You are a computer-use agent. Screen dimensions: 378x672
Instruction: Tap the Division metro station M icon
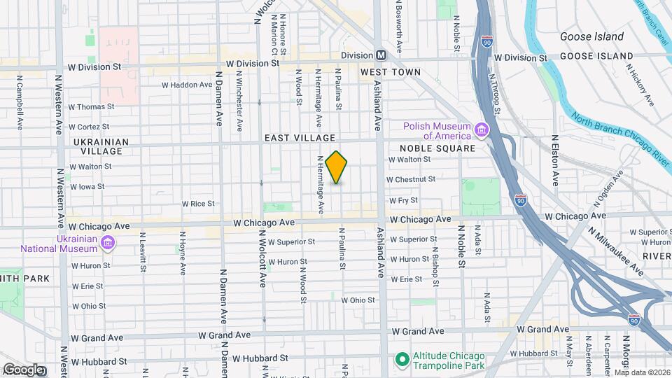[x=381, y=55]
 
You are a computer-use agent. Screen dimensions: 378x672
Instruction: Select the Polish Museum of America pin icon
[x=482, y=130]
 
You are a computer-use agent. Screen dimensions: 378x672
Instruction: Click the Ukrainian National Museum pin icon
[x=108, y=243]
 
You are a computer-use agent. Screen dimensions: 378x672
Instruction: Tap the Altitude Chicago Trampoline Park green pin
[x=402, y=360]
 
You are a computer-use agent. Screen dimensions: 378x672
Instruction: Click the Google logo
[x=22, y=370]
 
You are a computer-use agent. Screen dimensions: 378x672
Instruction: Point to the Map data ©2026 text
[x=641, y=372]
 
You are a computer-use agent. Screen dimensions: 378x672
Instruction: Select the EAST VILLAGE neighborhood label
[x=300, y=139]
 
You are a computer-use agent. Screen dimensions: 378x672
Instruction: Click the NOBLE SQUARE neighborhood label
[x=437, y=149]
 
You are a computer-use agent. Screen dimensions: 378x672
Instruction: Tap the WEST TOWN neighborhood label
[x=391, y=72]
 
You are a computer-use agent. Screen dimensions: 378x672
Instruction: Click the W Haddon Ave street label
[x=187, y=85]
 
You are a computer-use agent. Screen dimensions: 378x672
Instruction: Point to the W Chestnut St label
[x=412, y=179]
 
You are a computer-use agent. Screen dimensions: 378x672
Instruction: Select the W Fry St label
[x=403, y=200]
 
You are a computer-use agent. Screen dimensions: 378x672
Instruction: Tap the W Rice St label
[x=198, y=204]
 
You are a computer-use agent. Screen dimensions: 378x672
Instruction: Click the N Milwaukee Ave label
[x=615, y=251]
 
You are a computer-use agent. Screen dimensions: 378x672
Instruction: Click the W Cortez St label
[x=92, y=127]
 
